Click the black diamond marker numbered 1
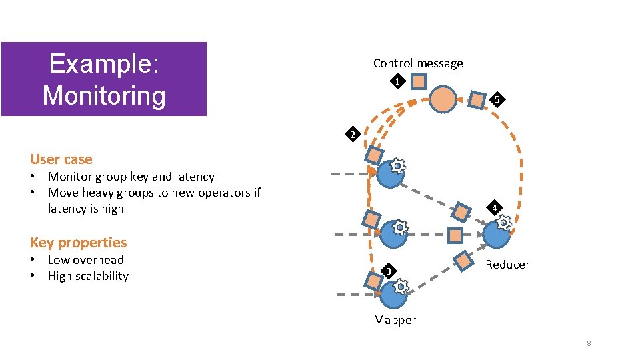(x=397, y=82)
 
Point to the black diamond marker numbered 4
(x=494, y=208)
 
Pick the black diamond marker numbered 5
(x=495, y=101)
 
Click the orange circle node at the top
(x=442, y=99)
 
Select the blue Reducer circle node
(x=496, y=235)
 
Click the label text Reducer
(x=507, y=265)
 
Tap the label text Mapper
(x=395, y=320)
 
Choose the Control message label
(x=418, y=63)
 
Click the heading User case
(x=61, y=159)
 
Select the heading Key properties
(x=78, y=243)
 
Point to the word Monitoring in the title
(x=104, y=95)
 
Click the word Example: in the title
(x=104, y=64)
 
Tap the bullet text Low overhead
(x=86, y=260)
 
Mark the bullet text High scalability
(x=88, y=276)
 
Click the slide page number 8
(x=589, y=343)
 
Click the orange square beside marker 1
(x=418, y=82)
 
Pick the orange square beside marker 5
(x=477, y=100)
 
